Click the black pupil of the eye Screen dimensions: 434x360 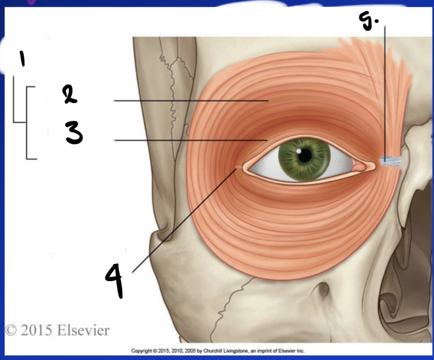pyautogui.click(x=305, y=155)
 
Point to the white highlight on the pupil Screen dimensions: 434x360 pyautogui.click(x=302, y=152)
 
